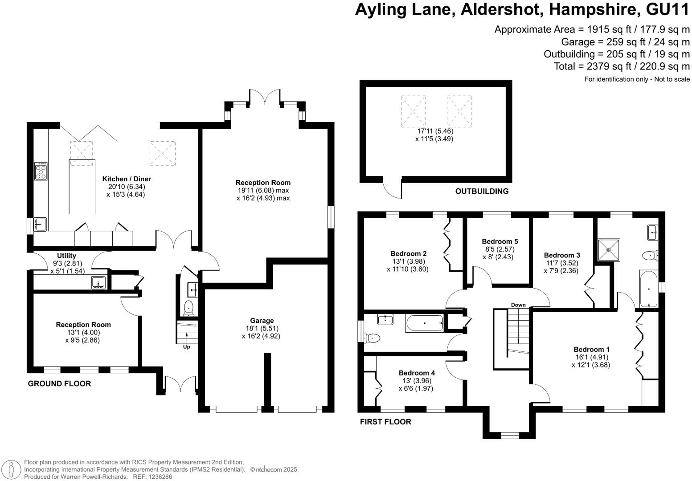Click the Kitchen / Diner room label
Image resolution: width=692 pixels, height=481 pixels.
[127, 179]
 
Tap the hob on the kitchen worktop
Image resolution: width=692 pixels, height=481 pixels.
[41, 171]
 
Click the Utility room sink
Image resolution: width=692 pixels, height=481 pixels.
[98, 282]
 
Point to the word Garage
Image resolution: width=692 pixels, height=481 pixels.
[262, 321]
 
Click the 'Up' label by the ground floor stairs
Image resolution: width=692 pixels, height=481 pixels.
[186, 347]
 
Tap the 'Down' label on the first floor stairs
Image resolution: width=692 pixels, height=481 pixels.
[518, 305]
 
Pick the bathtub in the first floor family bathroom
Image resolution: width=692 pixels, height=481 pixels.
[424, 323]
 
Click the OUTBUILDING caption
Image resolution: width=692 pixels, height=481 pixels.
[482, 192]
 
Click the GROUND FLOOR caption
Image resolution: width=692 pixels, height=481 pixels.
[59, 383]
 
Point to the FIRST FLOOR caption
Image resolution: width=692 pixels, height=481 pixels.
[385, 422]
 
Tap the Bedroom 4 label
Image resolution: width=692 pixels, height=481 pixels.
[417, 373]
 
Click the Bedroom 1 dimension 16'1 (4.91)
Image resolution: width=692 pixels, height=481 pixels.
[591, 357]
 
